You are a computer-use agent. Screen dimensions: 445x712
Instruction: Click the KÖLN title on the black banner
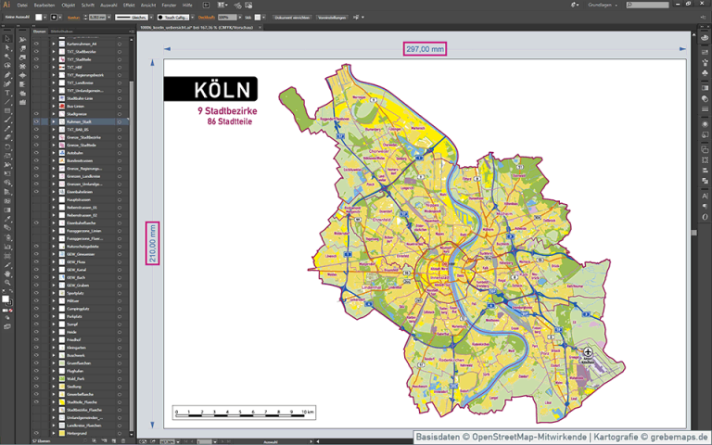pos(222,90)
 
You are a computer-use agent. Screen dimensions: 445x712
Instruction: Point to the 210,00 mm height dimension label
pos(153,243)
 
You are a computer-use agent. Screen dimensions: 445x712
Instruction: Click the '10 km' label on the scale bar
pos(308,411)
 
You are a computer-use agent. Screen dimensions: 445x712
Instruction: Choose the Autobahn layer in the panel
pos(75,153)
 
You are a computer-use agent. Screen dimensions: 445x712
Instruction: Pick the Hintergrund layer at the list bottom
pos(77,433)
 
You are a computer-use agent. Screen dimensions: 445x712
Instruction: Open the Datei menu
pos(22,6)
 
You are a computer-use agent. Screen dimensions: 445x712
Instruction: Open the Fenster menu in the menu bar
pos(170,6)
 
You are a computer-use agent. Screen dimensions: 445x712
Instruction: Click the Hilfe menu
pos(188,6)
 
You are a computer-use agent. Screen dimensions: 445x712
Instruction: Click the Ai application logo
pos(6,6)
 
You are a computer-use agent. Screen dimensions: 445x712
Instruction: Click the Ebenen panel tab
pos(40,32)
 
